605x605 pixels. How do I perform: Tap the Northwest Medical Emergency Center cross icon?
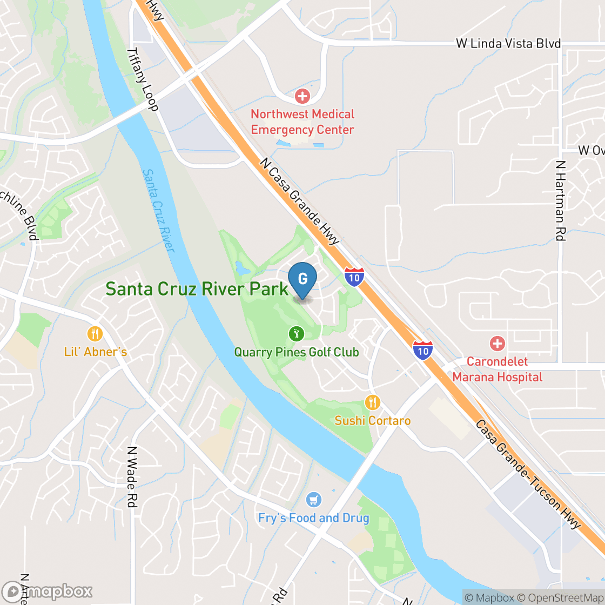[302, 97]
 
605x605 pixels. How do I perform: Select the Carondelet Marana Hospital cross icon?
[497, 344]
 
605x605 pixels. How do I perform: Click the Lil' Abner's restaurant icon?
[95, 334]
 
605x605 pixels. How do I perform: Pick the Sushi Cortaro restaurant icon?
[372, 402]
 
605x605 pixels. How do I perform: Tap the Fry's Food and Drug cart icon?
[313, 500]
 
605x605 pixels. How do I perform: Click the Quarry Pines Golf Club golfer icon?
[296, 334]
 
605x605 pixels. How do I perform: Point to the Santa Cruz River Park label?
[197, 289]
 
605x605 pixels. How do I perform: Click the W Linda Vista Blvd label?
[508, 44]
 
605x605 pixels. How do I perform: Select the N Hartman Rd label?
[560, 200]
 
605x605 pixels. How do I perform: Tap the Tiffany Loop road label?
[142, 79]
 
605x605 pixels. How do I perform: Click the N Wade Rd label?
[131, 476]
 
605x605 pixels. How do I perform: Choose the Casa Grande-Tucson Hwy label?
[528, 474]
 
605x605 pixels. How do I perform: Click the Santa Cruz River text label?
[158, 211]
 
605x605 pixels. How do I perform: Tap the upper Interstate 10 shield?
[354, 276]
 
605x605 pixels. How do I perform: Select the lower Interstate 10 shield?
[422, 350]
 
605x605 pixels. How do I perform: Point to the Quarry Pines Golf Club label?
[296, 353]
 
